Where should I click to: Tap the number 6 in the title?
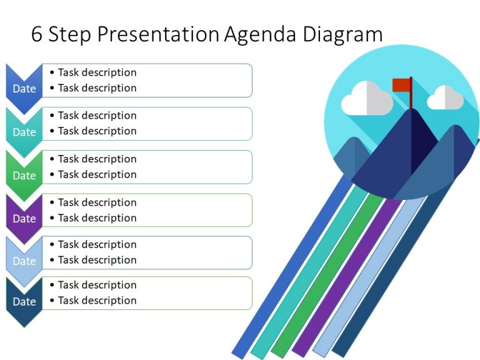tap(37, 34)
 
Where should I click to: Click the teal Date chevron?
tap(24, 131)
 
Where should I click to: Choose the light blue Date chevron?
tap(24, 260)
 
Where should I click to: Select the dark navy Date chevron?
tap(24, 301)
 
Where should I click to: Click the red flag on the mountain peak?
tap(401, 84)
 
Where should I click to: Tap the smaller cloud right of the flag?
tap(446, 98)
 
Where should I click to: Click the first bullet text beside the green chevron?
tap(97, 159)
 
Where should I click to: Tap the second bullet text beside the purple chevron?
tap(97, 217)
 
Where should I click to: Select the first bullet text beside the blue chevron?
tap(97, 72)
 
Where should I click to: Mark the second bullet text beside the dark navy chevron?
tap(97, 300)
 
